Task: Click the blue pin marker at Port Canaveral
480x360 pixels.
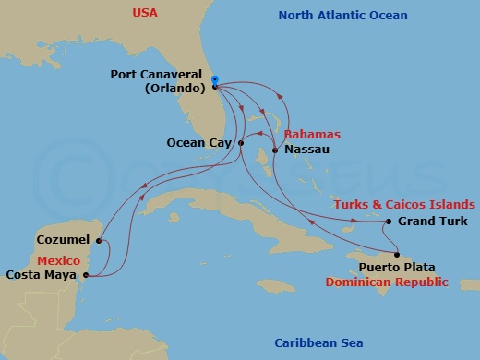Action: [214, 80]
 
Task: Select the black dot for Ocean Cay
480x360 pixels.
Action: [240, 143]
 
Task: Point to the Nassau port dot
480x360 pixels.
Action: [275, 149]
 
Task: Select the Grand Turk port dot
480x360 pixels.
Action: [389, 222]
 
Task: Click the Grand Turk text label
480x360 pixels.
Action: [433, 222]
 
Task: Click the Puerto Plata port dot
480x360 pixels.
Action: [396, 255]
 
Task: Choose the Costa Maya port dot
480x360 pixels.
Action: [85, 275]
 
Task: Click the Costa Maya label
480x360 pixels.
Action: [41, 274]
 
